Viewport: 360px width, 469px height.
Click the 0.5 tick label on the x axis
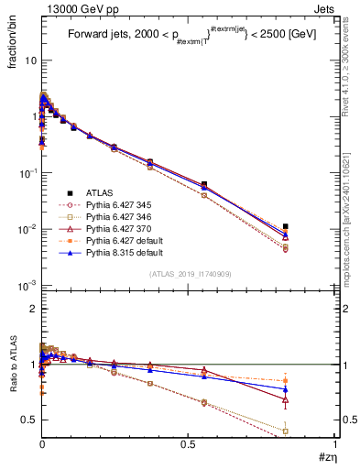[x=188, y=442]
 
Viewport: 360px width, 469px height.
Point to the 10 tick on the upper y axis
[x=28, y=60]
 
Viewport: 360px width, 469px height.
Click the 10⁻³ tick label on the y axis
[x=25, y=286]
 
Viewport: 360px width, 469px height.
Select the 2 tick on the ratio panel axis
[x=31, y=309]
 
